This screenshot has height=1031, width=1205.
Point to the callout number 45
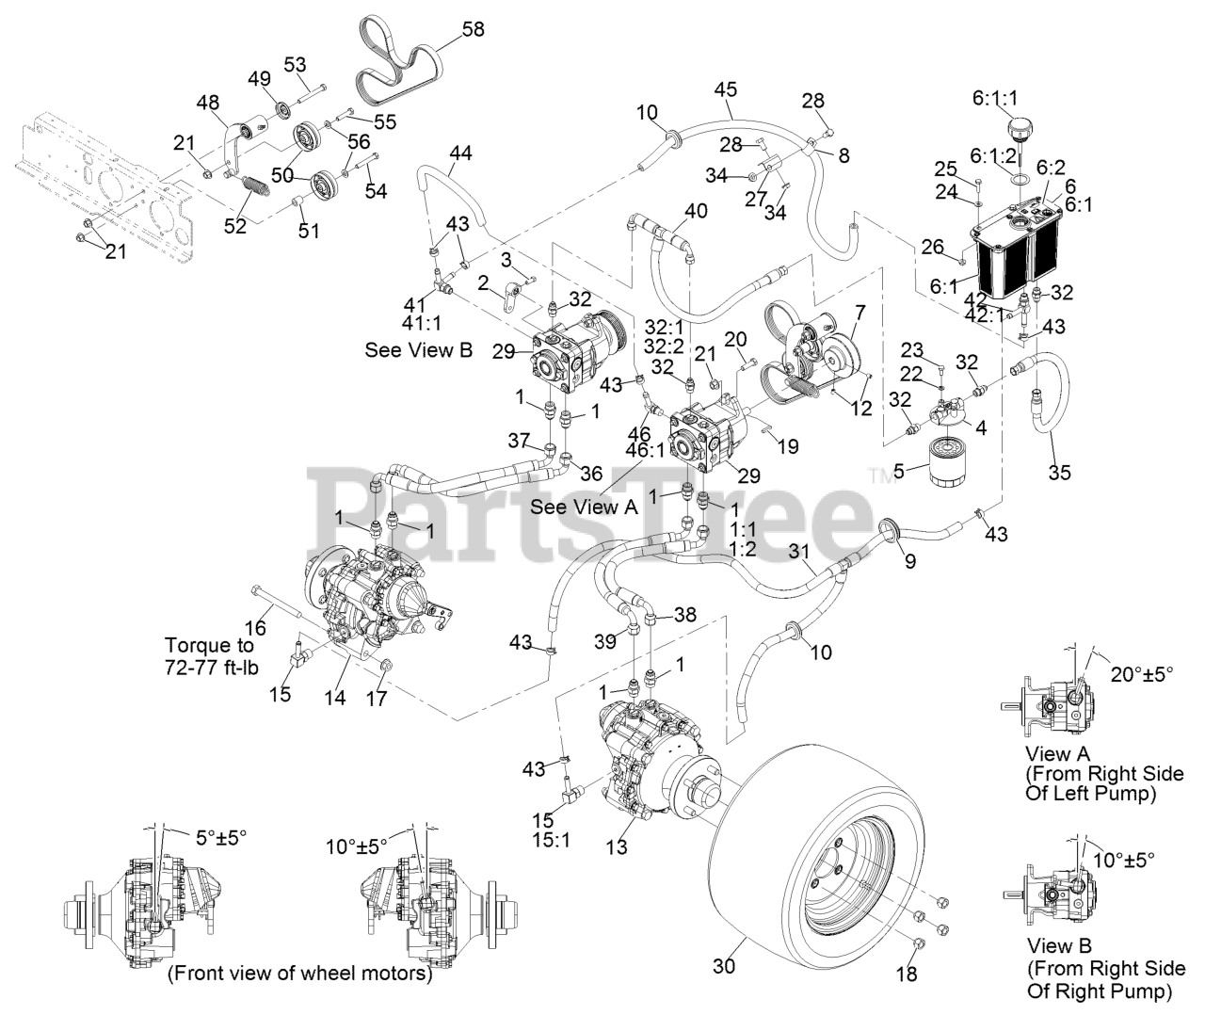725,90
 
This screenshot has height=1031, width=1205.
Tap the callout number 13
616,847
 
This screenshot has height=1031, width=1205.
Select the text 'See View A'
584,507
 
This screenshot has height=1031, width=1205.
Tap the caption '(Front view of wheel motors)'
299,974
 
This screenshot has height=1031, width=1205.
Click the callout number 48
207,101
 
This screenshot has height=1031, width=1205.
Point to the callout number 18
906,975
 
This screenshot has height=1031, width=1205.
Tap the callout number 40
696,211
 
